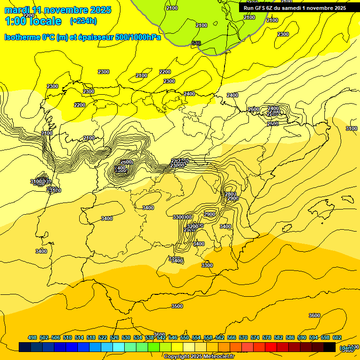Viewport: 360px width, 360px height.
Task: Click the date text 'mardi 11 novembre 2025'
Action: (x=58, y=10)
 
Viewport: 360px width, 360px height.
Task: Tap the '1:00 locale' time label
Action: (x=33, y=21)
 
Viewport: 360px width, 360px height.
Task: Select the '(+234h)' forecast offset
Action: (x=83, y=21)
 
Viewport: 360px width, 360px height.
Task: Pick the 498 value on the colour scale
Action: (x=32, y=337)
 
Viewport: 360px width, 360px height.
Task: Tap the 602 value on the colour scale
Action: (x=337, y=337)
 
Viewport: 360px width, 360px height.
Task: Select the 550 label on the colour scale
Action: (x=185, y=337)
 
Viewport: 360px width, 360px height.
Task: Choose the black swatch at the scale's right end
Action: (x=330, y=347)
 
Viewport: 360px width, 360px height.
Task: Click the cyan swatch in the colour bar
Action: (x=119, y=347)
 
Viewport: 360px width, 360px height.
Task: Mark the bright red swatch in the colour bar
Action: (x=271, y=347)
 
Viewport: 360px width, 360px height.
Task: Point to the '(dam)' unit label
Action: (x=347, y=348)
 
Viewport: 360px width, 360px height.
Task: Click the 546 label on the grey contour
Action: (x=196, y=44)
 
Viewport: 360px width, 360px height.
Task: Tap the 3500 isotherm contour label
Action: (x=177, y=306)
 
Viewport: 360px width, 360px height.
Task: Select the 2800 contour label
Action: (x=231, y=194)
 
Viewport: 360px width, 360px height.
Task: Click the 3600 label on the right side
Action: (x=315, y=315)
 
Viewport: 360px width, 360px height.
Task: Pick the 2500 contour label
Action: (x=273, y=124)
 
